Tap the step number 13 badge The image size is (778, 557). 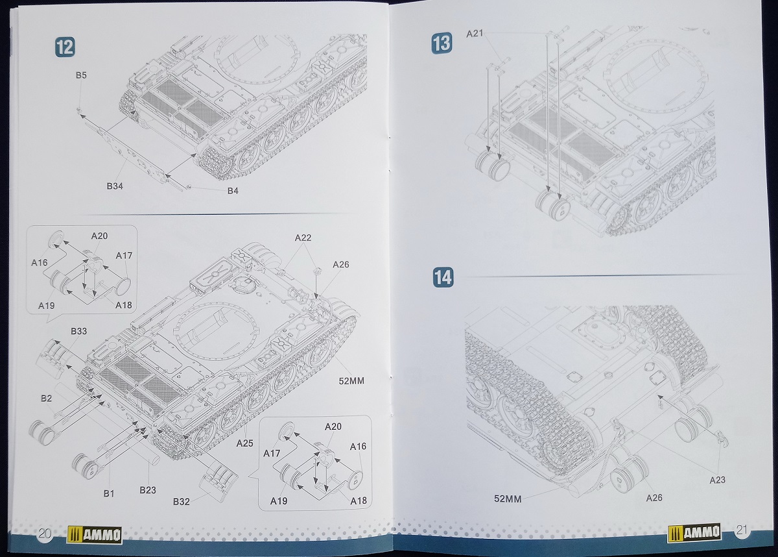(x=442, y=44)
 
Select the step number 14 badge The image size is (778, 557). (x=443, y=277)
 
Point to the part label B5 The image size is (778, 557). (x=81, y=76)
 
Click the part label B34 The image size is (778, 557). (x=115, y=186)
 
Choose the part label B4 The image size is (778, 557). (x=233, y=191)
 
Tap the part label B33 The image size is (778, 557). (x=78, y=331)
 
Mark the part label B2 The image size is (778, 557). (x=45, y=399)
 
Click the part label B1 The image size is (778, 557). (x=109, y=493)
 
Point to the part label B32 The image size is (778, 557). (x=182, y=501)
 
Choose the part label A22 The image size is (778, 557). (x=303, y=238)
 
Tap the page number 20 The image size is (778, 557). (x=45, y=534)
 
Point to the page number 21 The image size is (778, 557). (x=742, y=531)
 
